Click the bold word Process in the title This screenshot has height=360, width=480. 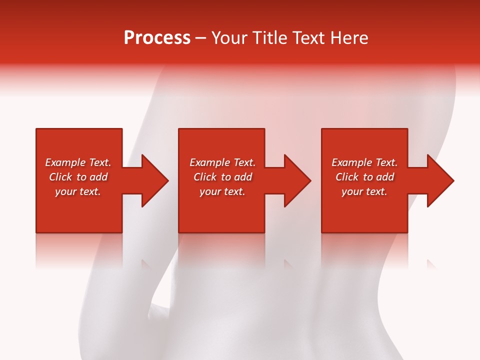157,38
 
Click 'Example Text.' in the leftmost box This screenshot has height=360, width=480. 78,162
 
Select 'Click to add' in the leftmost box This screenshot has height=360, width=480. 78,177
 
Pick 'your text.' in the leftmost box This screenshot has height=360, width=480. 78,191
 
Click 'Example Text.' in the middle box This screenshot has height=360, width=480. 222,162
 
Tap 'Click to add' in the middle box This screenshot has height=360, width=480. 222,177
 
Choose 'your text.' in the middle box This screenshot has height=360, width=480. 222,191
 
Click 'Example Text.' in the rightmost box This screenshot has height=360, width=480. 364,162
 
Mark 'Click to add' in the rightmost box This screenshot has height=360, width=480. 364,177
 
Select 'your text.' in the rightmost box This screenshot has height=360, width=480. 364,191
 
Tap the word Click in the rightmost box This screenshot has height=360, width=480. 347,177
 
